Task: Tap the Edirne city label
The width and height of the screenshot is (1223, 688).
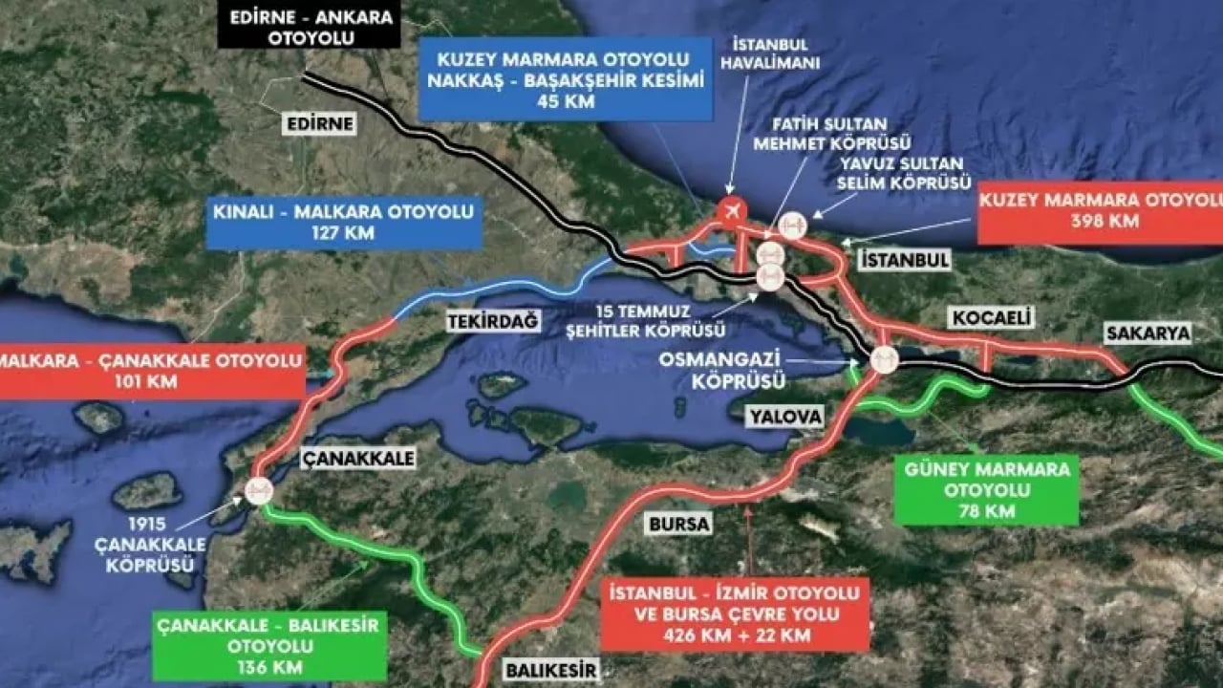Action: coord(319,124)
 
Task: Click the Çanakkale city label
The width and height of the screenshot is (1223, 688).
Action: coord(358,459)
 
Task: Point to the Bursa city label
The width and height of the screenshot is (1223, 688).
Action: coord(679,524)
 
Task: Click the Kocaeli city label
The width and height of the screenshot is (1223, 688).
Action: coord(979,318)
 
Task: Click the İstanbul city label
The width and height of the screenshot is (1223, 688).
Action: coord(904,260)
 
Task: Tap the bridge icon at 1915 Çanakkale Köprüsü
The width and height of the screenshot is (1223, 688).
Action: coord(259,491)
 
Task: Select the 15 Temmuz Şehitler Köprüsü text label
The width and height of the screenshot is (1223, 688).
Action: coord(655,320)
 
